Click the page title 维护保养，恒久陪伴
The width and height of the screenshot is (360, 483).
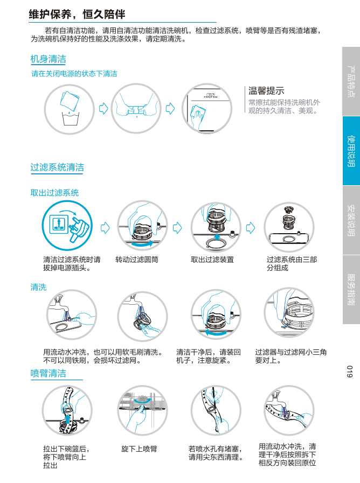coord(77,15)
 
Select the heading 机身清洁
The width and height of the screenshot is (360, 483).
coord(48,59)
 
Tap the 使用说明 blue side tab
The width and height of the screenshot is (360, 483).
coord(351,151)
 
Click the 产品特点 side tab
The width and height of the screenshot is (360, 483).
coord(351,81)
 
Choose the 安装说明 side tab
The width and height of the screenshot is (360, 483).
coord(351,220)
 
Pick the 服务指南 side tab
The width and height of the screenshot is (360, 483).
coord(351,290)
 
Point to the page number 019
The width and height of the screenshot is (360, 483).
coord(350,372)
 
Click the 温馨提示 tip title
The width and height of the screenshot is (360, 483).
coord(266,91)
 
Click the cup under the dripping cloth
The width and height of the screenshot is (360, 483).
coord(71,118)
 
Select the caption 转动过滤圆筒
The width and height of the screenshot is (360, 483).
coord(137,260)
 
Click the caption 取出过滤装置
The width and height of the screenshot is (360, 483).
coord(212,260)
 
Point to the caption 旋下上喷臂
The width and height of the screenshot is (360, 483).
coord(139,449)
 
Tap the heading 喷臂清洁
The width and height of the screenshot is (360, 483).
coord(48,373)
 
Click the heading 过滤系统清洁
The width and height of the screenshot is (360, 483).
coord(57,167)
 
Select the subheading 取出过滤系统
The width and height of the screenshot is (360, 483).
coord(54,193)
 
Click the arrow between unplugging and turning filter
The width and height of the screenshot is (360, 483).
coord(105,228)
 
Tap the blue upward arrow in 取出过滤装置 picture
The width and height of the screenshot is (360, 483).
coord(217,237)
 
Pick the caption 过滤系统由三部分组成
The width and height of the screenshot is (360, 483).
coord(292,264)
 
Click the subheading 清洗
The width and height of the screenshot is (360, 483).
coord(38,288)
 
